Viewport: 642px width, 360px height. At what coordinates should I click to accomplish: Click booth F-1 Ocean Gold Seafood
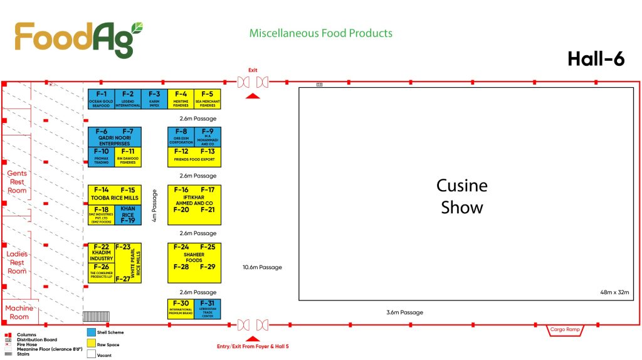[x=101, y=99]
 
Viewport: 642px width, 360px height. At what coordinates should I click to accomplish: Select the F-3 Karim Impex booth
[x=154, y=99]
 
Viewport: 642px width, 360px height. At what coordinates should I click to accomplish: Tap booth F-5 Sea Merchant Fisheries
[x=208, y=99]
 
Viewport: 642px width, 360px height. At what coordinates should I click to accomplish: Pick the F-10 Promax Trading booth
[x=101, y=157]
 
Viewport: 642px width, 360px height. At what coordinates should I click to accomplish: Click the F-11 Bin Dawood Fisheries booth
[x=128, y=157]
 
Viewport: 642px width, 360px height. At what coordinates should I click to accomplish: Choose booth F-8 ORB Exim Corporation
[x=181, y=137]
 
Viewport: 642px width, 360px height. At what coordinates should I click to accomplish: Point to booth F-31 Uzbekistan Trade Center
[x=208, y=309]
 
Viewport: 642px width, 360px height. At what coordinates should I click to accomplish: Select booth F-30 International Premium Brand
[x=181, y=309]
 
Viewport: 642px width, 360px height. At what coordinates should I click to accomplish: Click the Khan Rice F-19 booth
[x=128, y=215]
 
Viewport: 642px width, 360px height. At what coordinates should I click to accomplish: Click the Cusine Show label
[x=462, y=196]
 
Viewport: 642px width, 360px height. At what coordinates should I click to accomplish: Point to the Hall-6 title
[x=596, y=58]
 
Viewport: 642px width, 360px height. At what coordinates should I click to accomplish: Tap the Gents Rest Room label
[x=17, y=181]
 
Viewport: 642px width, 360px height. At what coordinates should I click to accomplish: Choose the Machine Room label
[x=19, y=312]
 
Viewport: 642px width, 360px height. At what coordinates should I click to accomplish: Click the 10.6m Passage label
[x=262, y=267]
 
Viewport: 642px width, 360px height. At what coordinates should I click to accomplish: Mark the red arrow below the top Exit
[x=252, y=95]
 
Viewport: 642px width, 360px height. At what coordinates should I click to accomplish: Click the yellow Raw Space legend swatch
[x=91, y=344]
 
